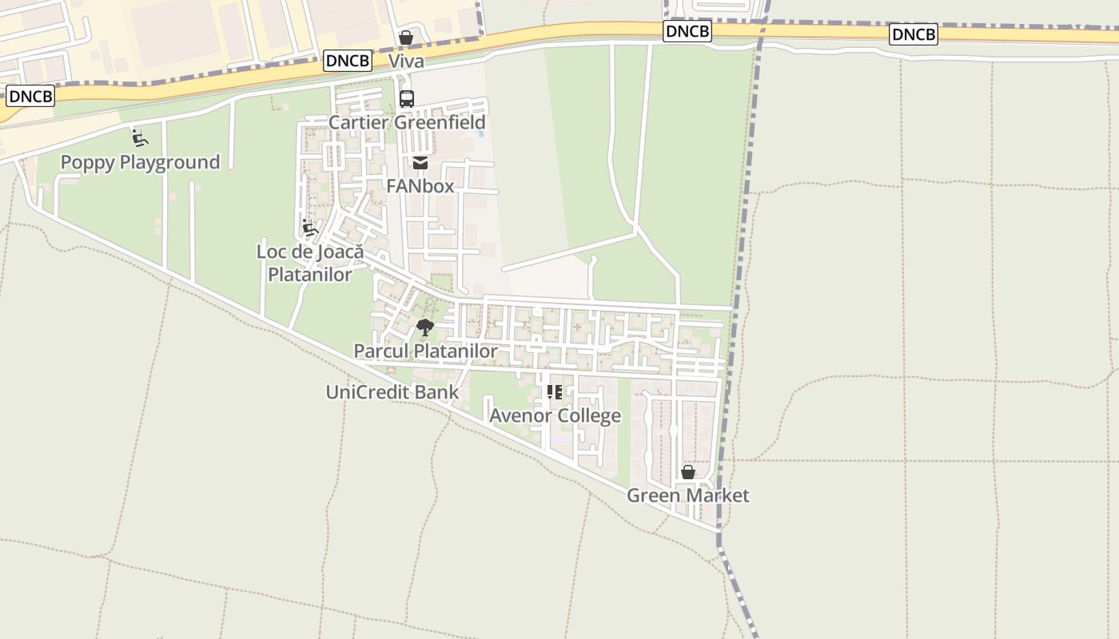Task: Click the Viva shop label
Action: point(406,62)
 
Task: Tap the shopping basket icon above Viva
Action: point(406,38)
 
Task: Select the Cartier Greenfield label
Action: point(407,122)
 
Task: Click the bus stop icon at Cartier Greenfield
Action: point(406,99)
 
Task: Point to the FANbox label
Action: point(420,186)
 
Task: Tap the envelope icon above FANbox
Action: point(420,164)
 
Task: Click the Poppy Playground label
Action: point(140,162)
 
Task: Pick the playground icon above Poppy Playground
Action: point(140,138)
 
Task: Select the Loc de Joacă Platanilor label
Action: point(309,263)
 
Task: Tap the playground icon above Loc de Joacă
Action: point(309,228)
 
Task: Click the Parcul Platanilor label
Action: point(425,351)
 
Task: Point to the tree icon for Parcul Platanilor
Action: point(425,327)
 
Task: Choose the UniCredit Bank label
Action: point(392,392)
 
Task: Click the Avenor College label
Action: point(555,416)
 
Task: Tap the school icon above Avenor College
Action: point(554,392)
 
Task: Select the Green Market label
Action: point(687,495)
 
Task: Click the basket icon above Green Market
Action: point(687,473)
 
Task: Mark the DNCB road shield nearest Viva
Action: point(348,61)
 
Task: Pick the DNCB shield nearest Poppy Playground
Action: point(30,97)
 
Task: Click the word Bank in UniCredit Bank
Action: point(437,392)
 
